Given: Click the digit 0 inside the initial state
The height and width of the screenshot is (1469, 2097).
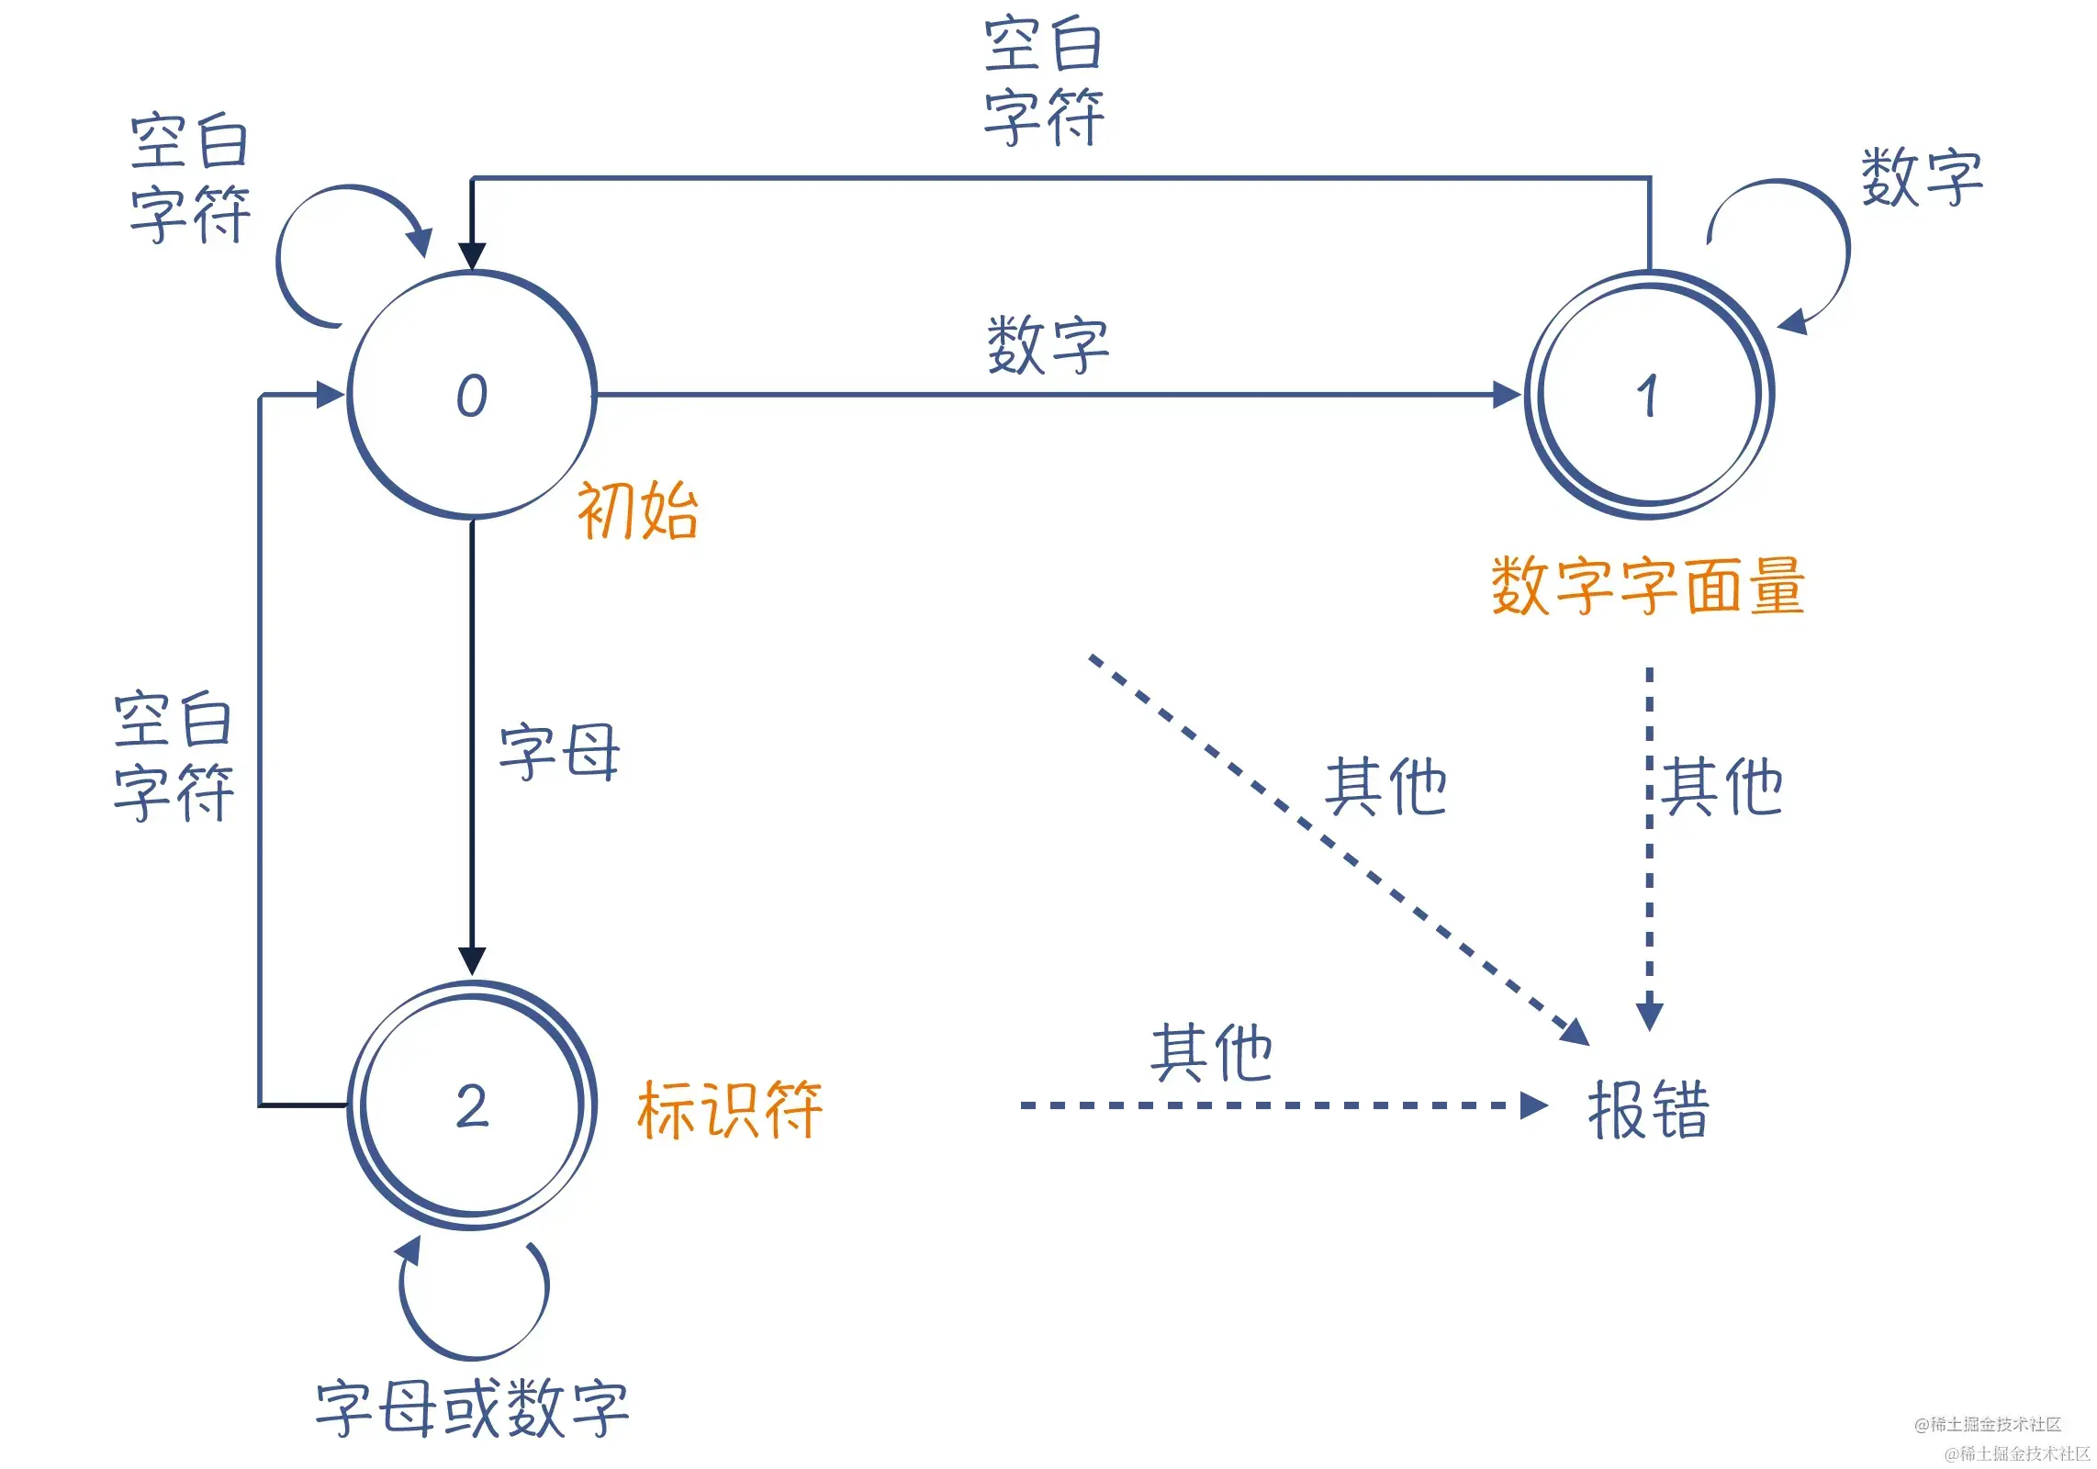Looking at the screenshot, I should tap(472, 396).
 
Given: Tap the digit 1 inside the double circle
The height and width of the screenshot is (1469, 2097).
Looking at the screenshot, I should tap(1648, 396).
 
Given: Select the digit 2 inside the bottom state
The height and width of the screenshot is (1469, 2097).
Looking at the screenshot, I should tap(472, 1105).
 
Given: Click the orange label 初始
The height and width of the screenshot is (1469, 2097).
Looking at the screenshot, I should tap(637, 510).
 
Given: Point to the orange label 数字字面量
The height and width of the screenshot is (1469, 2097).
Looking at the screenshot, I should tap(1648, 586).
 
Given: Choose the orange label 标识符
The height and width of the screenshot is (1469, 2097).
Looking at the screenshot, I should tap(730, 1110).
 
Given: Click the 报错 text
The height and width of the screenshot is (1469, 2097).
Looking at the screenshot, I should tap(1648, 1110).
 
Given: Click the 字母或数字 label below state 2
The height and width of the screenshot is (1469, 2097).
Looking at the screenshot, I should tap(472, 1408).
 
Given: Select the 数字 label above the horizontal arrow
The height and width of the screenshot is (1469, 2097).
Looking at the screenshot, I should tap(1048, 345).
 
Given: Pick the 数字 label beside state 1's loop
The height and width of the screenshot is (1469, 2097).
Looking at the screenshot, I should tap(1922, 177).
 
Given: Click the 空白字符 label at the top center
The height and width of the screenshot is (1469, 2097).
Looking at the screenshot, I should tap(1044, 81).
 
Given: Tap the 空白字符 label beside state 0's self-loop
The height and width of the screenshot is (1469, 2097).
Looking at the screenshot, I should tap(189, 178).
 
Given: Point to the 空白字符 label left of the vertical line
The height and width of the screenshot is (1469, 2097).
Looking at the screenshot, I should tap(174, 756).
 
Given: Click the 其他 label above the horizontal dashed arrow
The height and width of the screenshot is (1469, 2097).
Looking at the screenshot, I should tap(1211, 1053).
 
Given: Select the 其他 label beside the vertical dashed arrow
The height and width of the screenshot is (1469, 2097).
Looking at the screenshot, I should tap(1722, 788).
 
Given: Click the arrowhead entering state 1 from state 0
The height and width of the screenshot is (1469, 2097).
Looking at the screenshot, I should tap(1507, 396).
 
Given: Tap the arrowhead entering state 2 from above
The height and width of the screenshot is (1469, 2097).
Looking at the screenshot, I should tap(472, 960).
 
